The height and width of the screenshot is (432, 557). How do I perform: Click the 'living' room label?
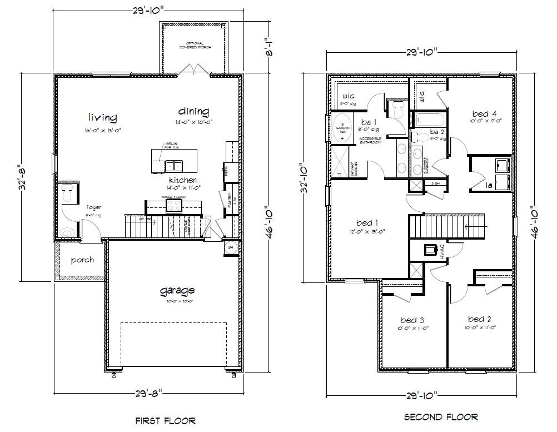103,117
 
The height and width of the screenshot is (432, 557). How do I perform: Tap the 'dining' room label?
194,111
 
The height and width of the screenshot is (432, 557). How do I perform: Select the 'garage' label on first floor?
177,290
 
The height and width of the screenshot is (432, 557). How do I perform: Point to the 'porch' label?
82,260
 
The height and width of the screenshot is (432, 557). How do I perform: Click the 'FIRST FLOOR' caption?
166,421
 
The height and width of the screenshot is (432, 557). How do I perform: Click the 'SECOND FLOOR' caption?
441,416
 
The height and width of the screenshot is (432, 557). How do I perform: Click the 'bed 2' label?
480,319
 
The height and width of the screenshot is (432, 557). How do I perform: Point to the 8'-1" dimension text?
267,53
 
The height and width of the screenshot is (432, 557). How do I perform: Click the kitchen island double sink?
174,165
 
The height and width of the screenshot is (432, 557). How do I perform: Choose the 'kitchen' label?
183,180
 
